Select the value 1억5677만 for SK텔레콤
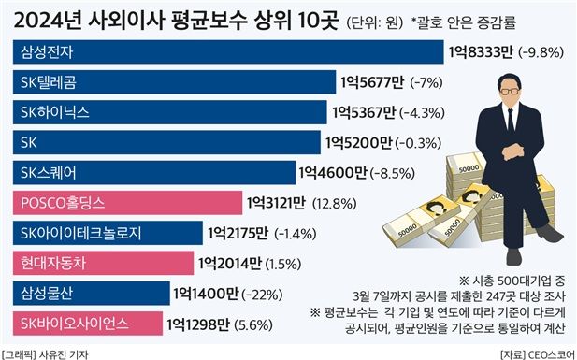tap(370, 82)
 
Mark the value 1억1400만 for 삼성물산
tap(205, 294)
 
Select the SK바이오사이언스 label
tap(82, 324)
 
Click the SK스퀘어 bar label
tap(52, 172)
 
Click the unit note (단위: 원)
tap(381, 20)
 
